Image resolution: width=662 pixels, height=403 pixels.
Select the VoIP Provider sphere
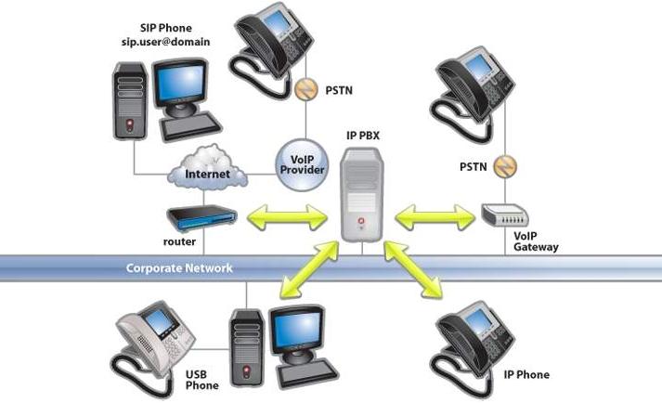coord(305,163)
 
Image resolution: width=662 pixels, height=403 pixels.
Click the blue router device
coord(200,219)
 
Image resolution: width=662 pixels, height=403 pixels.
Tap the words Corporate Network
coord(179,268)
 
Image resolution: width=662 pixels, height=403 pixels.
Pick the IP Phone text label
coord(526,375)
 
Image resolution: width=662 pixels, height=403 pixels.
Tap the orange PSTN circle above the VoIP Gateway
coord(504,168)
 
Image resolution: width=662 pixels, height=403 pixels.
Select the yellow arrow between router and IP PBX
coord(282,220)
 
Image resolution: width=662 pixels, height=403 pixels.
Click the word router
coord(179,241)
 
